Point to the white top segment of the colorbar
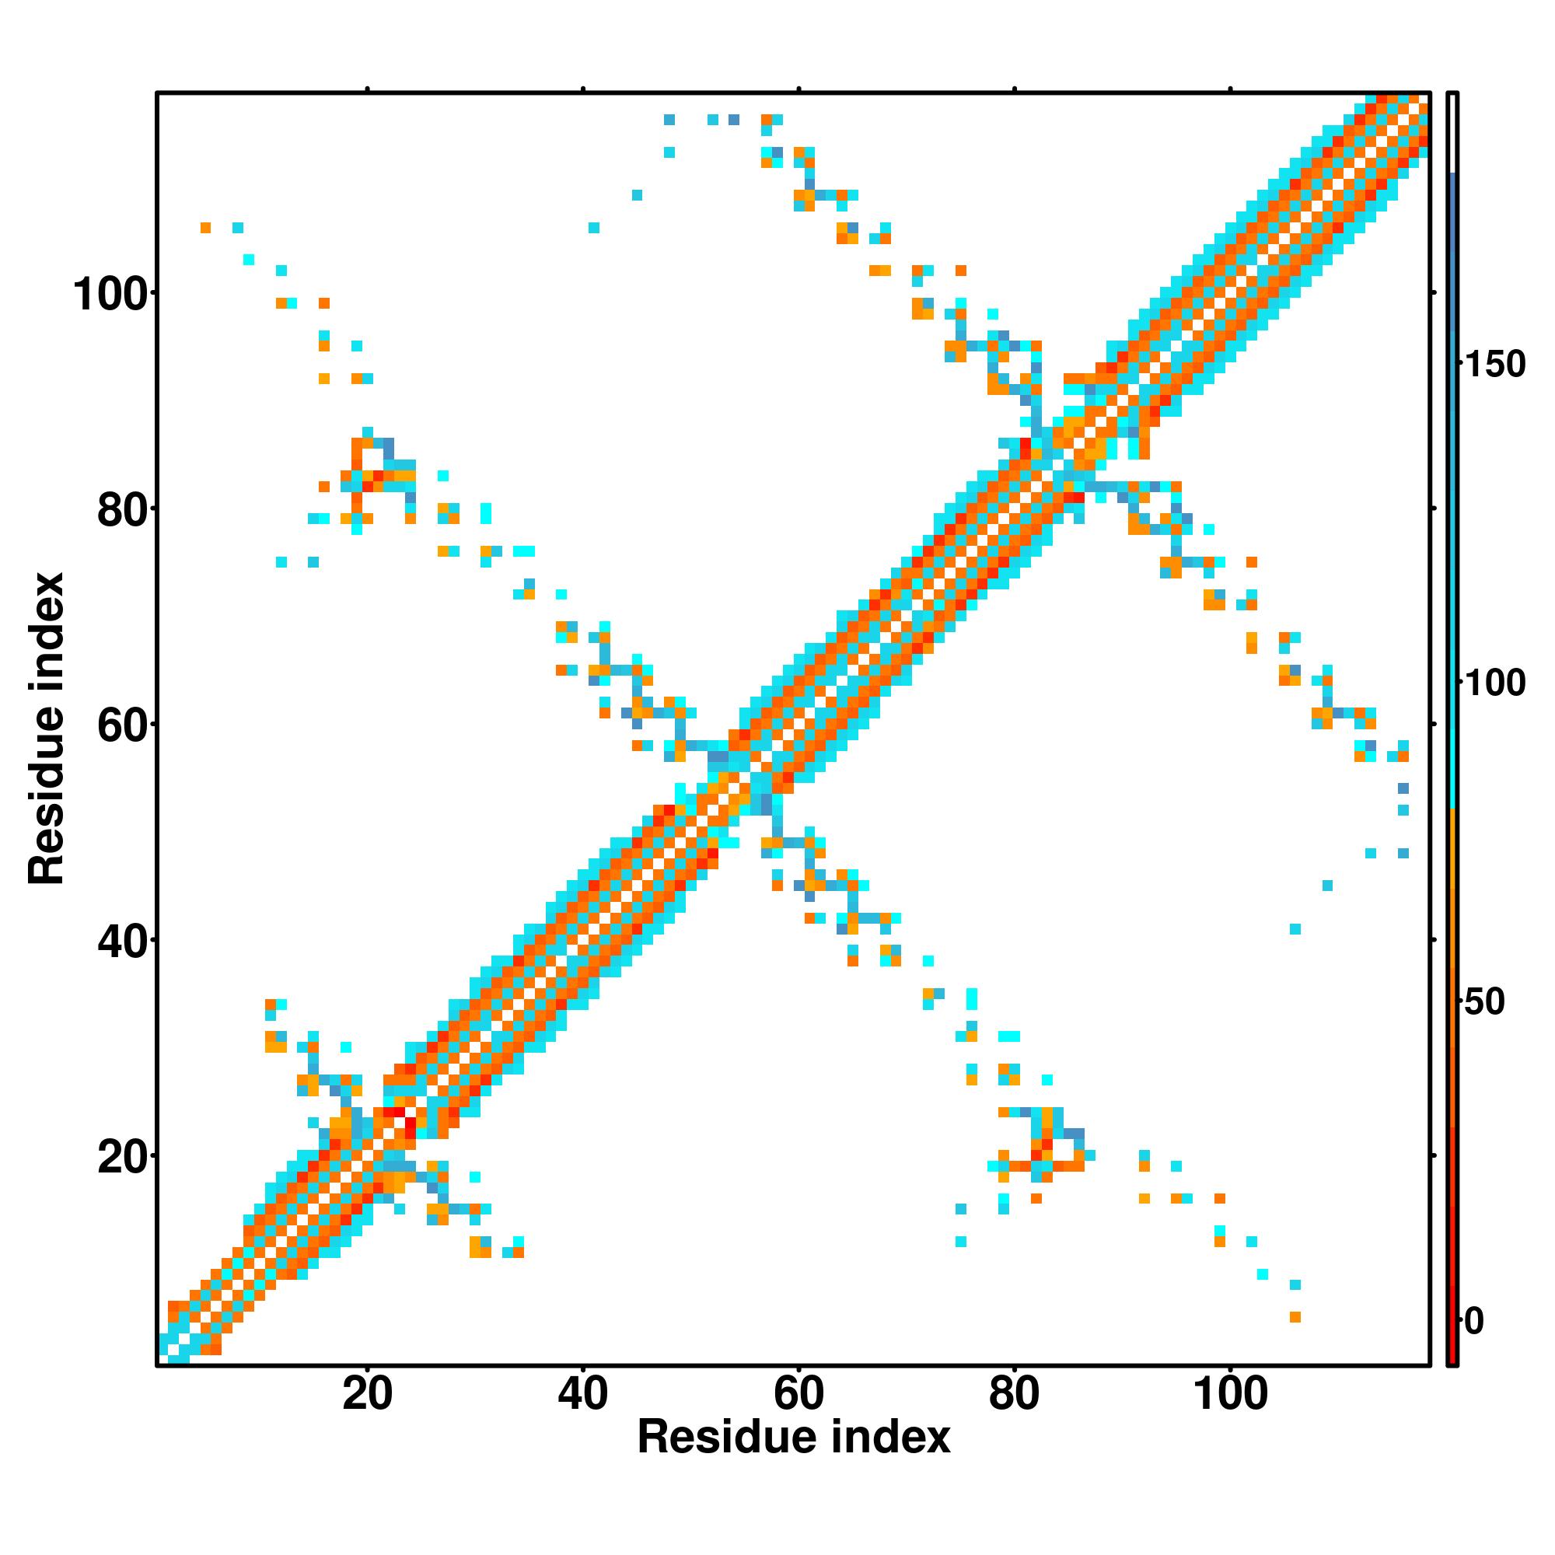1453,133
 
